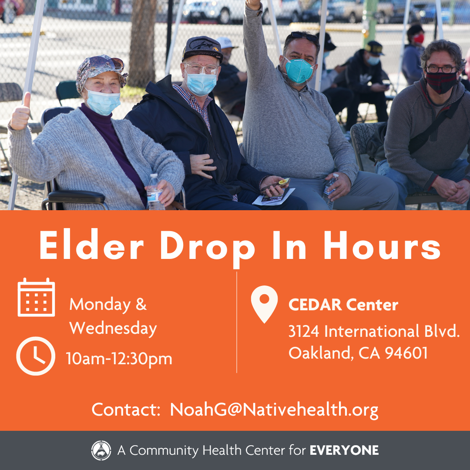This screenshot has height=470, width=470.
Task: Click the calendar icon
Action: coord(36,297)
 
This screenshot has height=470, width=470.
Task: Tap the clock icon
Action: coord(36,356)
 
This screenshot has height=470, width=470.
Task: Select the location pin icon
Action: coord(265,304)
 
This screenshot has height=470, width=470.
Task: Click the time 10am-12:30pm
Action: coord(119,359)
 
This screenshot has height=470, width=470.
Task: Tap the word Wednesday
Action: coord(113,328)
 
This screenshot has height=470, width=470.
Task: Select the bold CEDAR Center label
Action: coord(343,305)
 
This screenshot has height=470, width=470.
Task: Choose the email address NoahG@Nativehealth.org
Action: coord(274,410)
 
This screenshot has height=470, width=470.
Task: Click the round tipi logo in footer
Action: coord(101,450)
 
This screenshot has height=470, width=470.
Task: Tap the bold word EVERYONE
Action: coord(344,450)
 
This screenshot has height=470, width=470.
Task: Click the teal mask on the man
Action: coord(299,70)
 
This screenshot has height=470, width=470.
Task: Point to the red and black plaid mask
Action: coord(441,82)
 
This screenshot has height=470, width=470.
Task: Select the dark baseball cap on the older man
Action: coord(202,49)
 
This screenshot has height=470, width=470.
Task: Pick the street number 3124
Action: coord(304,332)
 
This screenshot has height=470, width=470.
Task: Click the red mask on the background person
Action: coord(419,39)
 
